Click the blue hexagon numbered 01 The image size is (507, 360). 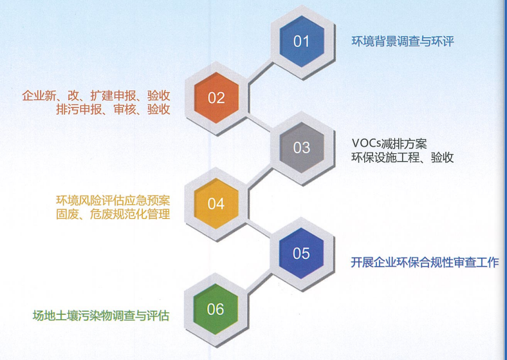coord(302,41)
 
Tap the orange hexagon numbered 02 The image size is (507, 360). coord(216,98)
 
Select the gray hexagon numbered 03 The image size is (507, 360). coord(302,147)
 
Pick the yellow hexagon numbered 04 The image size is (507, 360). coord(216,204)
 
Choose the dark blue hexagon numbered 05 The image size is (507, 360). coord(301,254)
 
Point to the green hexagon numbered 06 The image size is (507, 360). coord(216,309)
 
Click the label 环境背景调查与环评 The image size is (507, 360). coord(403,41)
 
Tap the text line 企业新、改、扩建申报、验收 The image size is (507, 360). coord(97,96)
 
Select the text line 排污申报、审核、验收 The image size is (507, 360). coord(113,109)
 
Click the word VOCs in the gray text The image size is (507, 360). coord(367,143)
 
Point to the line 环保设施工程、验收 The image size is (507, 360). coord(403,157)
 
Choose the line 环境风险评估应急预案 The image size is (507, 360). coord(113,200)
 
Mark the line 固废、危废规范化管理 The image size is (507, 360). coord(113,214)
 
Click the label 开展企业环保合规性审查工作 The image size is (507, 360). coord(425,262)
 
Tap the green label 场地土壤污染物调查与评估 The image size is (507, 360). coord(101,316)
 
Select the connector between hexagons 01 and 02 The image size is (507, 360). coord(261,73)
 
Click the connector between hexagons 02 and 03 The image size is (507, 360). coord(259,123)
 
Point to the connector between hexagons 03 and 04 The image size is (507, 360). coord(261,178)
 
